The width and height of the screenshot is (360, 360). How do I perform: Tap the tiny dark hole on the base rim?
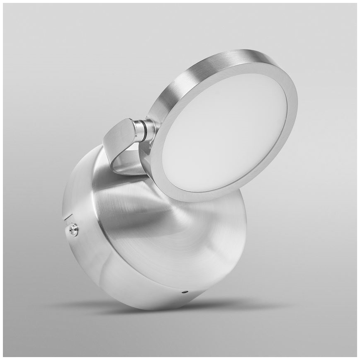[x=185, y=292]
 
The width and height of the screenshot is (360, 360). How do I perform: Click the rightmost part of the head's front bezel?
[x=295, y=104]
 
